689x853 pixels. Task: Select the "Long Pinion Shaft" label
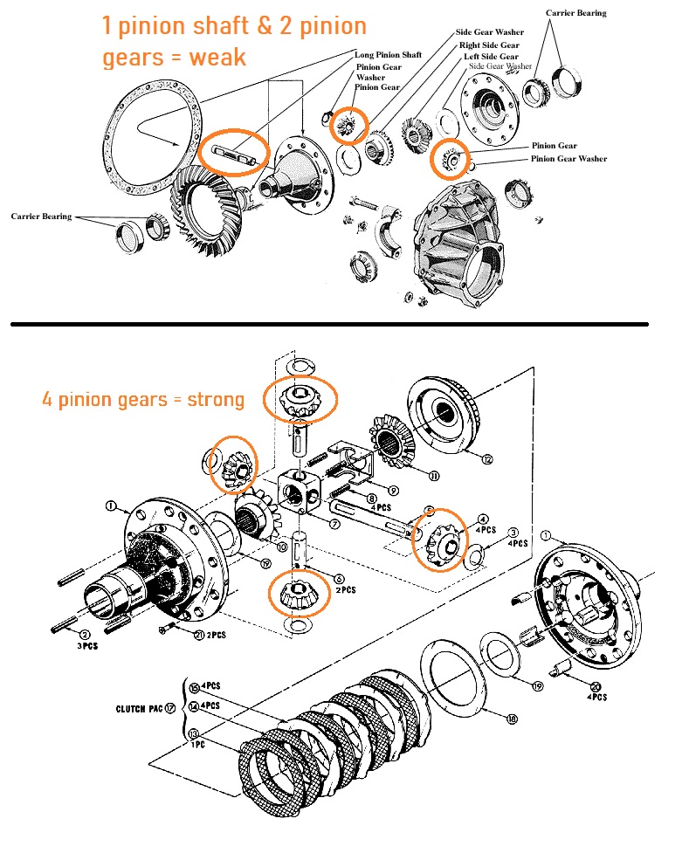click(389, 55)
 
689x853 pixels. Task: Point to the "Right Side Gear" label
click(488, 45)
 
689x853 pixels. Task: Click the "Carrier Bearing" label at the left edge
click(40, 216)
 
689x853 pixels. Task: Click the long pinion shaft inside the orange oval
click(233, 154)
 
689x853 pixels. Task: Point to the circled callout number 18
click(512, 719)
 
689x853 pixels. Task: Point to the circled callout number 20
click(596, 687)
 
